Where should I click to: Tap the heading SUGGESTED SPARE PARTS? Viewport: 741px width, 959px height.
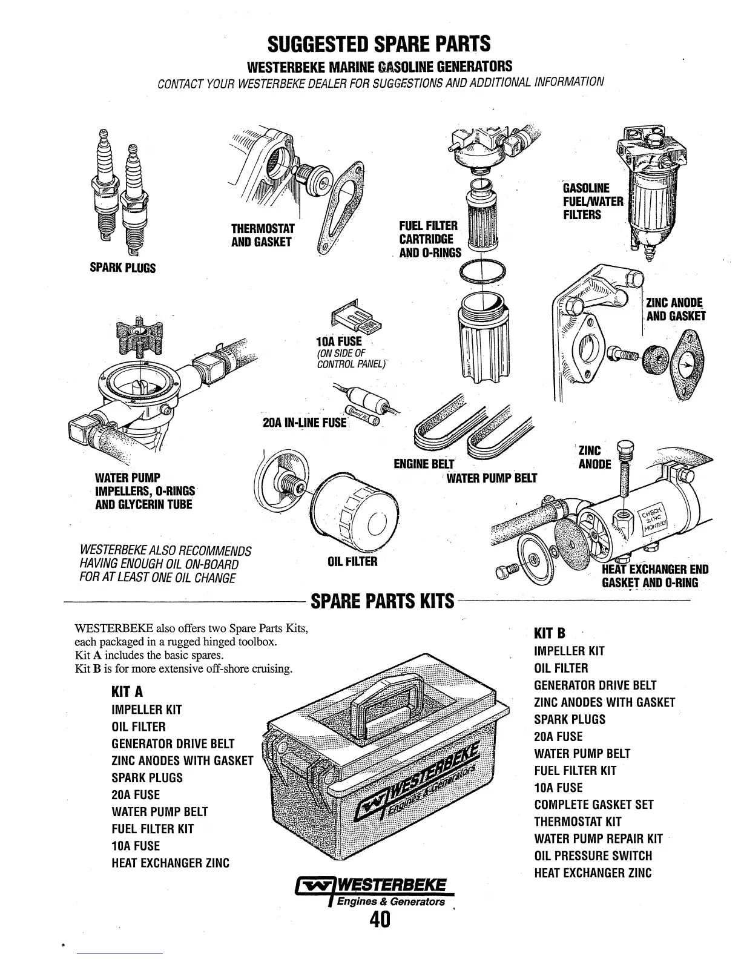tap(379, 44)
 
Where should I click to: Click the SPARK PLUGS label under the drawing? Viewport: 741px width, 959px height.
tap(123, 268)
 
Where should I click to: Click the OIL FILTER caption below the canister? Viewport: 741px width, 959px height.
tap(352, 562)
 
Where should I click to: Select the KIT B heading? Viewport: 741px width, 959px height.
tap(550, 633)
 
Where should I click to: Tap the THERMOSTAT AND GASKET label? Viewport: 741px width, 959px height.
tap(263, 236)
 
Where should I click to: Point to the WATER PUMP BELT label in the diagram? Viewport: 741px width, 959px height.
tap(492, 478)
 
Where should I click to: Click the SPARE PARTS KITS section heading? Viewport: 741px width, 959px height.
tap(381, 601)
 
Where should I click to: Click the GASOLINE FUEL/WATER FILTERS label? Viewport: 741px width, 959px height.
tap(592, 201)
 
